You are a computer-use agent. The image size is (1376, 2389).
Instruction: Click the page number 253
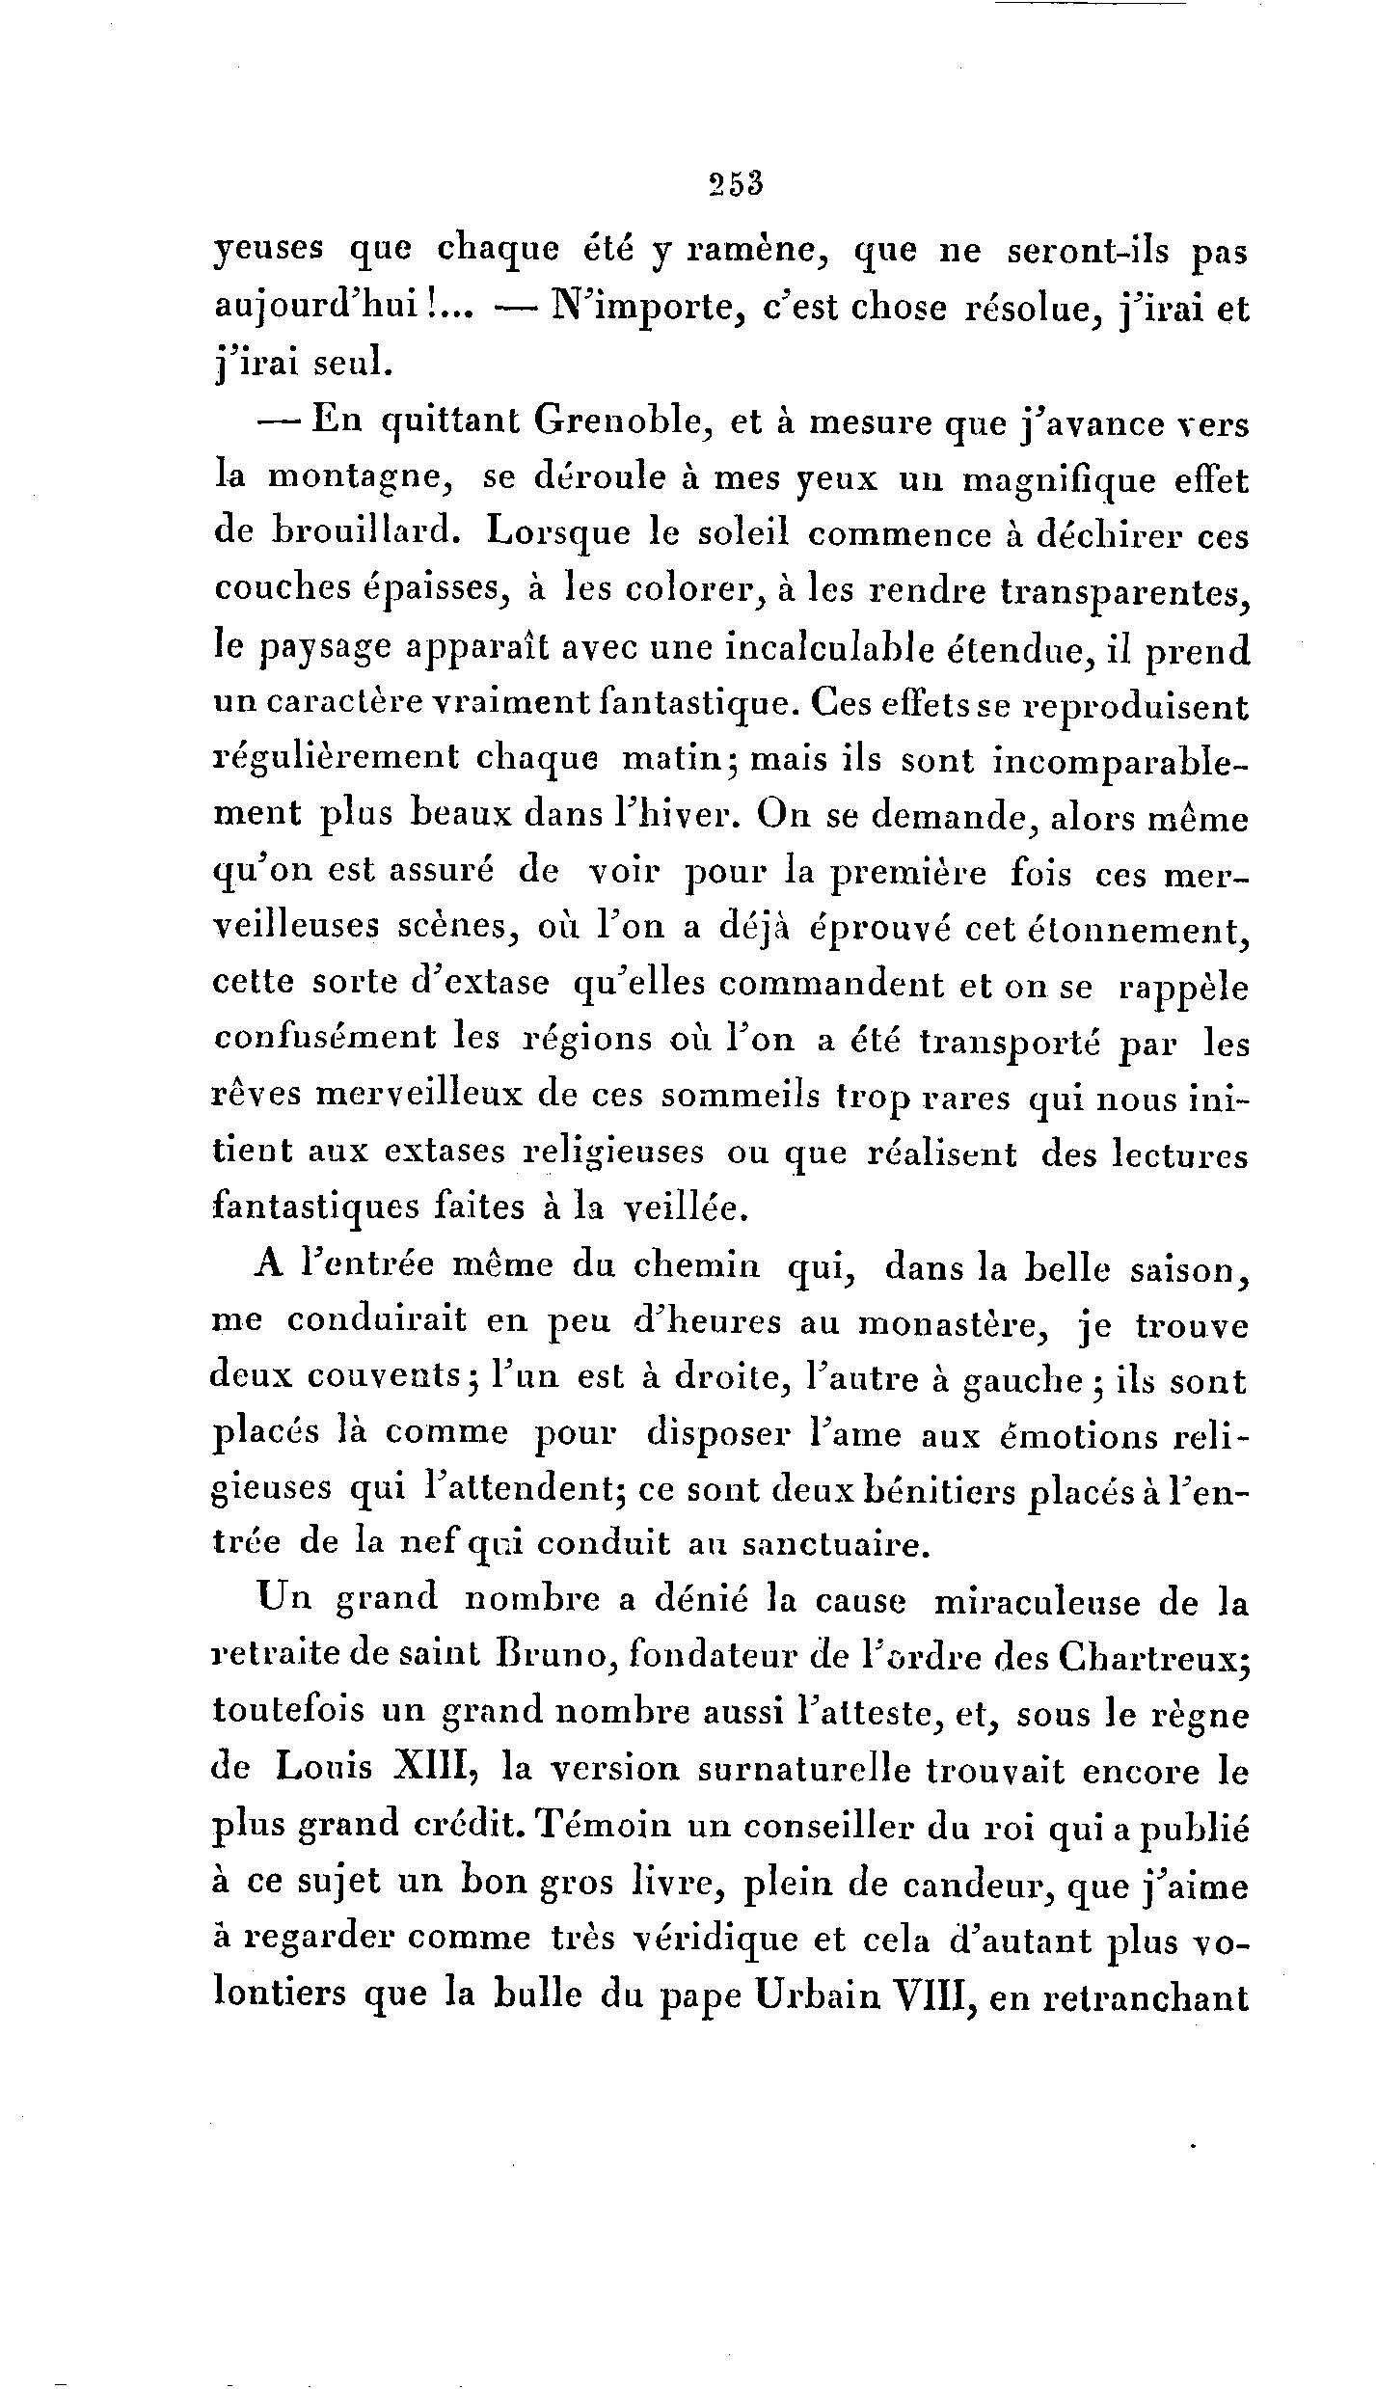[x=735, y=182]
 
